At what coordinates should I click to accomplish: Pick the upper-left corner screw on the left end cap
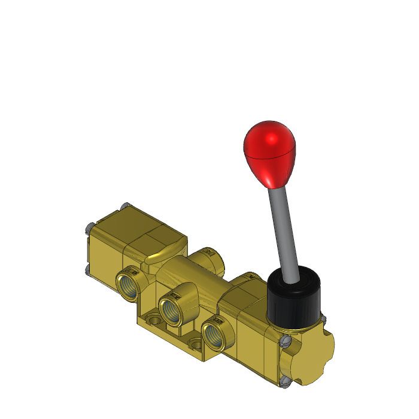(x=88, y=226)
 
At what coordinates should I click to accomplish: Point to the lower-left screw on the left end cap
(x=87, y=268)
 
